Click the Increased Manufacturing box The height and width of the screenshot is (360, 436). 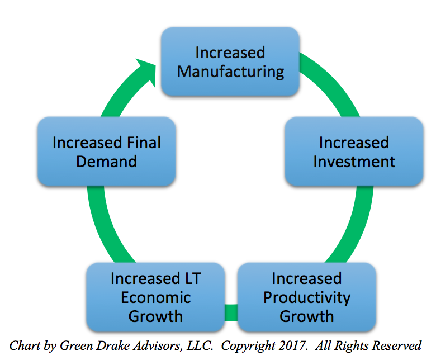[x=230, y=61]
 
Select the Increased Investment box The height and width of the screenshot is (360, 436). [x=354, y=151]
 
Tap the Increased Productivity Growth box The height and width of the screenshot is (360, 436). [x=307, y=297]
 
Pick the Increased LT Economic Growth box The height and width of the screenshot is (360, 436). [x=155, y=297]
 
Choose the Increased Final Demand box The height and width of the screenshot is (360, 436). [x=107, y=151]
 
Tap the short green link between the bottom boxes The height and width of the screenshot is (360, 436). [x=231, y=312]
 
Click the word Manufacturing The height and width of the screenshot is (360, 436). [x=230, y=72]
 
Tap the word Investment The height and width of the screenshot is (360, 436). [x=354, y=162]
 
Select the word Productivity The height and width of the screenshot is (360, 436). [x=307, y=298]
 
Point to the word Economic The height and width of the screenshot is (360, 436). [x=156, y=297]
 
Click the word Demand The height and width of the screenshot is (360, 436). [x=107, y=162]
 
